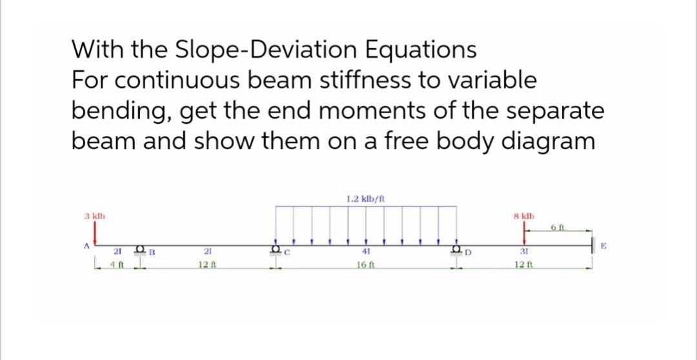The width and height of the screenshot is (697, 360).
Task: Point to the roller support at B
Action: [x=141, y=250]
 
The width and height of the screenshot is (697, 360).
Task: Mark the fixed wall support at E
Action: [x=592, y=245]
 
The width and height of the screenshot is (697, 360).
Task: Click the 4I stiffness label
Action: [x=365, y=253]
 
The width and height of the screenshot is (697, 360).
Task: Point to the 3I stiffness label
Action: [x=523, y=253]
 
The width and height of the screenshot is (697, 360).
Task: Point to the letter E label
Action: [x=603, y=245]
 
